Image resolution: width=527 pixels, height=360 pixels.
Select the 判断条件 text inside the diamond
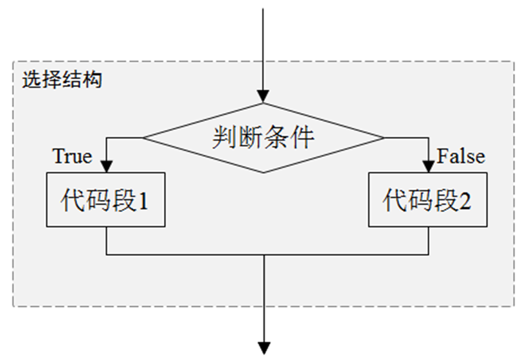click(x=263, y=138)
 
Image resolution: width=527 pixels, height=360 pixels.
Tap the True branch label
click(x=72, y=156)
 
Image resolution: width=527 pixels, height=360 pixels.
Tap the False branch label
click(x=461, y=156)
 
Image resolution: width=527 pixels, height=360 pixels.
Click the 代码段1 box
click(x=105, y=200)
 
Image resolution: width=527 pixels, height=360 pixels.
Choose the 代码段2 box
click(x=427, y=200)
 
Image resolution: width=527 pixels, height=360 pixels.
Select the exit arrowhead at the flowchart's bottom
click(x=264, y=348)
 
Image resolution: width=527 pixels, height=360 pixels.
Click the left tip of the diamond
click(x=143, y=138)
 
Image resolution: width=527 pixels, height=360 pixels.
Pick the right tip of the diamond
click(x=384, y=138)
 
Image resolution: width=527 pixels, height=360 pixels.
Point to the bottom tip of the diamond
click(x=263, y=172)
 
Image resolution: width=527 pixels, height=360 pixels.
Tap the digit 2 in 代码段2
click(x=465, y=201)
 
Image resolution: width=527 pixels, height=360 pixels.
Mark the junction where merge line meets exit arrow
click(x=264, y=255)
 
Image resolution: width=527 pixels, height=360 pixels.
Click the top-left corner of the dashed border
click(x=13, y=62)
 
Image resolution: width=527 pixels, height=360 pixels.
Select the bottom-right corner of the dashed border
click(x=514, y=306)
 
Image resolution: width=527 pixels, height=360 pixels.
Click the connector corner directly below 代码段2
click(x=428, y=255)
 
